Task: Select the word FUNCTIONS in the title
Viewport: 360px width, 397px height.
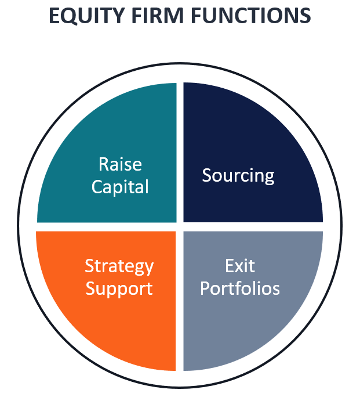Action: (x=250, y=16)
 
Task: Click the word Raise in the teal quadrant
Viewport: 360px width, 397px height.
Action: (x=120, y=164)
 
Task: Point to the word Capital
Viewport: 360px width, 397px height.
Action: (x=120, y=187)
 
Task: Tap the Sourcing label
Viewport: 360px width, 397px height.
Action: (x=238, y=175)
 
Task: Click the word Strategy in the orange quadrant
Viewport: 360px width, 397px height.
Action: (x=119, y=266)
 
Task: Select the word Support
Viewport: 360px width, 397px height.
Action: (x=119, y=288)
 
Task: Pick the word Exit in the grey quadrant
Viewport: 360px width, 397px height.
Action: (x=240, y=266)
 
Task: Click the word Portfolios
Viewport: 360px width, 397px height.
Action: (x=240, y=288)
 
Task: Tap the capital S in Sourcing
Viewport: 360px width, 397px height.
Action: (x=207, y=175)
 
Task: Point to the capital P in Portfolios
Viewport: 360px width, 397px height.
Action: (x=205, y=288)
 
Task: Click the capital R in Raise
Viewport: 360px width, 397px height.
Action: (x=104, y=164)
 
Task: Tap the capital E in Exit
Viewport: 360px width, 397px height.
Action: (x=230, y=266)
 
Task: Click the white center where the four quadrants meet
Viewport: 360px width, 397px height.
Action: (x=180, y=227)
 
